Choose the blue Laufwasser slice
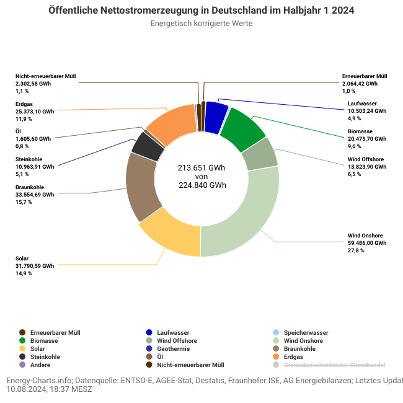coord(215,117)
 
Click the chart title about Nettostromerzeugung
coord(201,11)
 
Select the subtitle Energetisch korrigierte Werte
coord(201,24)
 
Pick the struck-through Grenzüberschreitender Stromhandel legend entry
coord(334,365)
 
